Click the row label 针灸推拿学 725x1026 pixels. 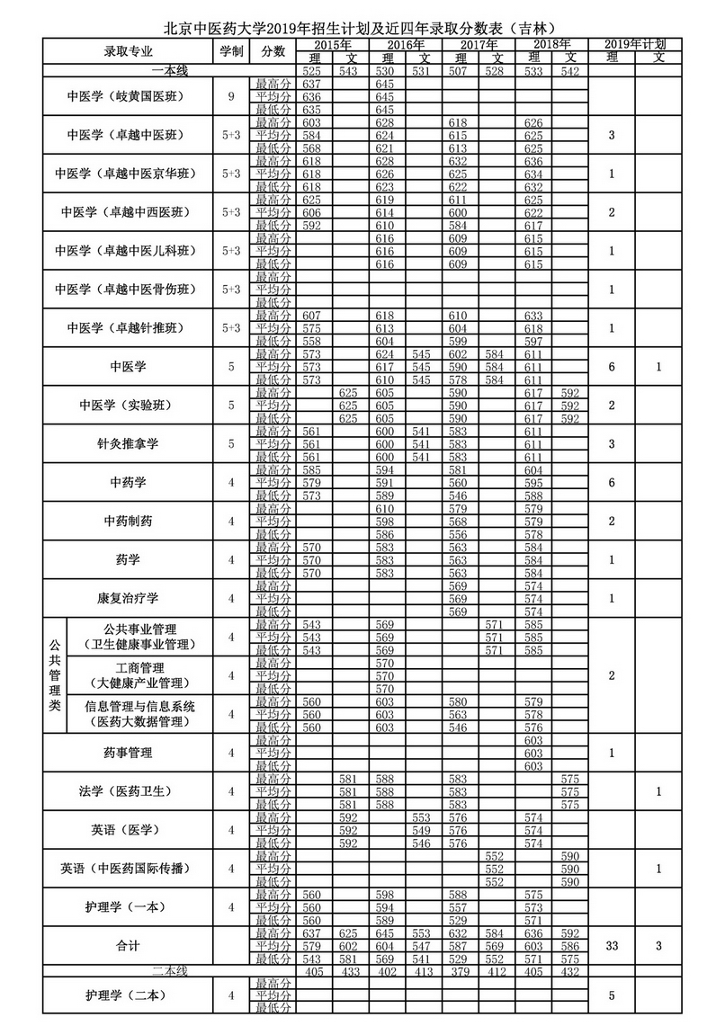click(127, 443)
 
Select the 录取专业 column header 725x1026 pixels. click(127, 51)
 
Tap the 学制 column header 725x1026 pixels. click(230, 51)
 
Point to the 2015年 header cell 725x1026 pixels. click(332, 44)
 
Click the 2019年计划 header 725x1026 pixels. click(635, 44)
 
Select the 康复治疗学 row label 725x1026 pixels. click(127, 598)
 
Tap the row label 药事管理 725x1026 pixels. click(127, 753)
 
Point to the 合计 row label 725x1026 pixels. click(127, 946)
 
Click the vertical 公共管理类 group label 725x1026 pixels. click(54, 675)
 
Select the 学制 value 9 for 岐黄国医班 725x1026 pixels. click(230, 96)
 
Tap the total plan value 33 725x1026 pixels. click(613, 946)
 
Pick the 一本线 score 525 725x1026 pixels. click(312, 70)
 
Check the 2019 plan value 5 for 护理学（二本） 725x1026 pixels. click(613, 995)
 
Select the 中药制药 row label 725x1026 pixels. click(127, 521)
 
